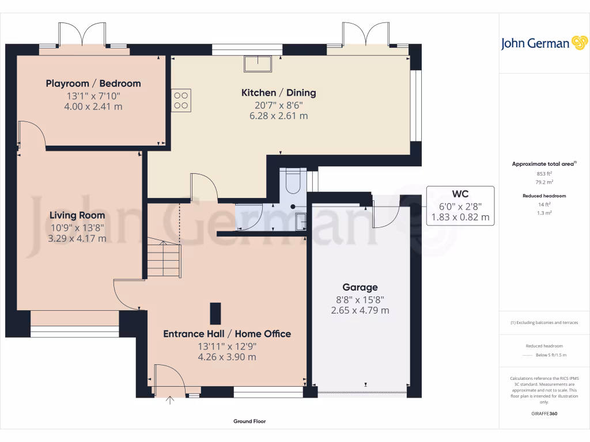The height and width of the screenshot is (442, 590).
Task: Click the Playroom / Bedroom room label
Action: coord(93,83)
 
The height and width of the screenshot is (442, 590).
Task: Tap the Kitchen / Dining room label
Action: coord(278,93)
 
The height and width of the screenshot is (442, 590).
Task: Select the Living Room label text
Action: coord(78,215)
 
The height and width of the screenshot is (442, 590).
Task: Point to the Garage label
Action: coord(360,287)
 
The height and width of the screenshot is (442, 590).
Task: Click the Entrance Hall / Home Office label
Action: coord(227,334)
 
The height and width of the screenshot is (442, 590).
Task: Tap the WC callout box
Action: coord(460,205)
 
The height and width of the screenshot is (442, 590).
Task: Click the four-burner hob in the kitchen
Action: coord(181,101)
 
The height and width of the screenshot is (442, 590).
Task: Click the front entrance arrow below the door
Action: coord(170,399)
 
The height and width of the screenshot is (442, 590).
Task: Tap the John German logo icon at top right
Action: coord(578,43)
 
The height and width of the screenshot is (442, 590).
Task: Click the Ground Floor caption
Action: coord(249,421)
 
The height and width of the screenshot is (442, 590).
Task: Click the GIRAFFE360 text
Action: coord(544,413)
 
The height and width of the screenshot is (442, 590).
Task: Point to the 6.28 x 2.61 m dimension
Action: coord(279,116)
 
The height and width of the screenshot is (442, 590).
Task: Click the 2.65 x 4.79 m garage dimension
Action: coord(360,310)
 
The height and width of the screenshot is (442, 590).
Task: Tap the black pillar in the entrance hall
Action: coord(215,314)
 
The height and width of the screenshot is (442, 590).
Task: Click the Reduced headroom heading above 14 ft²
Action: coord(544,196)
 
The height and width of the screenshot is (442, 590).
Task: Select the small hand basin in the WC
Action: coord(301,222)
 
